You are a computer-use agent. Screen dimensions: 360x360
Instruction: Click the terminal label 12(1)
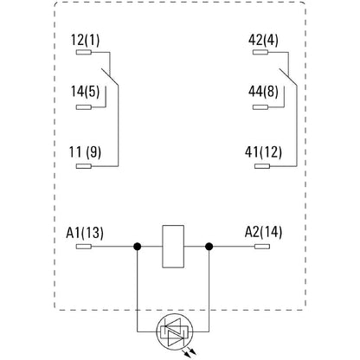point(87,39)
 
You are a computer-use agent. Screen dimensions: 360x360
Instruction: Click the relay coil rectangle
point(173,246)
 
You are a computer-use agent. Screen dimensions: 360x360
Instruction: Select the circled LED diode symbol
point(173,330)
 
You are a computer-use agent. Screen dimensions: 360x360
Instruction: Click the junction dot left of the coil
point(137,246)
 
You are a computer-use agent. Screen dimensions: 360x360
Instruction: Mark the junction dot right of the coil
point(209,246)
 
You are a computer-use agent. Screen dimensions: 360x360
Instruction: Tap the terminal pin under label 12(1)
point(84,52)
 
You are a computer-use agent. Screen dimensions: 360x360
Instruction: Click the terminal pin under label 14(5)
point(84,108)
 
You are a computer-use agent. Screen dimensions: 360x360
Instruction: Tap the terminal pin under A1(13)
point(84,246)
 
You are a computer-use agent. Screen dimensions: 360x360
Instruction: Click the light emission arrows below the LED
point(178,350)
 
